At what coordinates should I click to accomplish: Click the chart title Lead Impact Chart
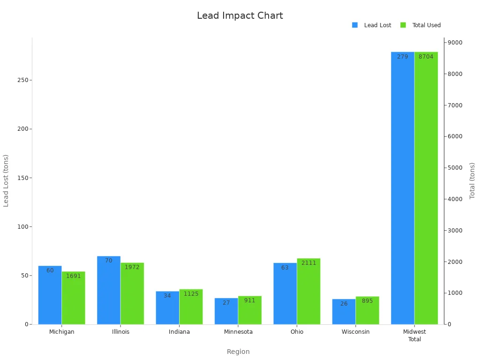240,16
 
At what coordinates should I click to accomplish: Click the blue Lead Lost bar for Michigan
50,295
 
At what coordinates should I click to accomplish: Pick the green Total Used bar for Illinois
132,293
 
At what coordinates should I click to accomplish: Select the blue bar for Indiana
167,308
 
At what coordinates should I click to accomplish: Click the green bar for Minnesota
250,310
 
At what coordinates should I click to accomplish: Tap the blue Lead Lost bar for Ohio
285,293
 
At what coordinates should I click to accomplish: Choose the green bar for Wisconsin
367,310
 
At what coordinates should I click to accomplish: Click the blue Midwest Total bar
403,187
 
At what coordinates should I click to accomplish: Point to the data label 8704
426,57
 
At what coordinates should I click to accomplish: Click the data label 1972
132,267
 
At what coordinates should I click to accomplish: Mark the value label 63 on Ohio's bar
285,268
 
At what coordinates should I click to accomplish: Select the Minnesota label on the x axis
238,332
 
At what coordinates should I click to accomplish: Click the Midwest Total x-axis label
414,335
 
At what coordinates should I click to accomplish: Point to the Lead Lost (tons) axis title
6,180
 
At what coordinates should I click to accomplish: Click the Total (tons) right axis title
472,180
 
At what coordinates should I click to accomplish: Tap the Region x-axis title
238,352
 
